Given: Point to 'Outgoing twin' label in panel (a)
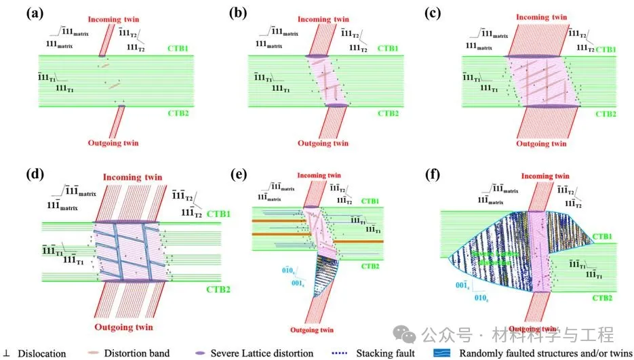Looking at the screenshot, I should pos(113,142).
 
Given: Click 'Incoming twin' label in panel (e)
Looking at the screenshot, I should pos(320,176).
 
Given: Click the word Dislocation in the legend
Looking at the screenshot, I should pos(42,353).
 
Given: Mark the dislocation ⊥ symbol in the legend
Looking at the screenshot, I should pos(6,353).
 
